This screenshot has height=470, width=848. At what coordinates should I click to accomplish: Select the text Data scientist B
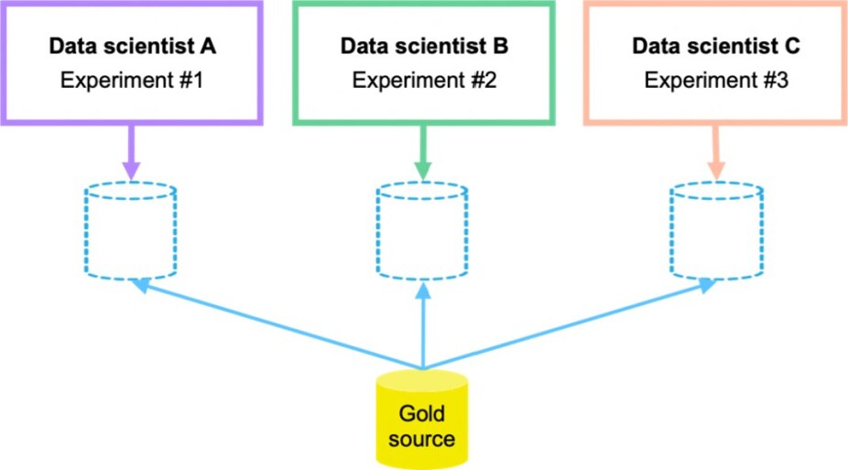pos(424,46)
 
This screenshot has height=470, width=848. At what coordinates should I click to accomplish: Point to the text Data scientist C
pos(715,46)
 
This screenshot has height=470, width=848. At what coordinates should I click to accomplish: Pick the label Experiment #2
pos(424,81)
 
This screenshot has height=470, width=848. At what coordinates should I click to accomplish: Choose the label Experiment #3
pos(715,81)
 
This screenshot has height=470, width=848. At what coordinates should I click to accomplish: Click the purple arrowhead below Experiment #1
pos(131,170)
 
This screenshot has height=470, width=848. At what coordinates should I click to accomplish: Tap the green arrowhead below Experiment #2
pos(422,170)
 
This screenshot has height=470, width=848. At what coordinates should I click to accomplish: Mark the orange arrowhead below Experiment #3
pos(714,170)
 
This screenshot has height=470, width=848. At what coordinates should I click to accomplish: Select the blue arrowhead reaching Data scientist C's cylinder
pos(706,285)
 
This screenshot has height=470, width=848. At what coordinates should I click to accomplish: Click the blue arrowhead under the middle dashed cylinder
pos(422,291)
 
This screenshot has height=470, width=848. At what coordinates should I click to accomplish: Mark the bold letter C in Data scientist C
pos(791,46)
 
